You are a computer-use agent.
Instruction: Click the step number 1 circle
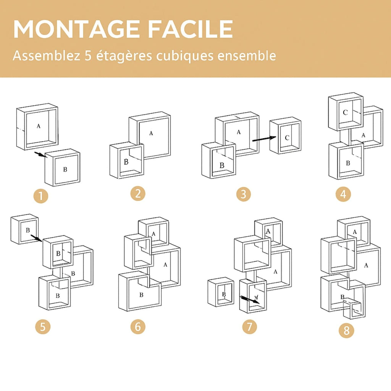(41, 197)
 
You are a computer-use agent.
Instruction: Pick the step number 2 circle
(138, 193)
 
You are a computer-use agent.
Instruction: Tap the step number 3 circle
(243, 194)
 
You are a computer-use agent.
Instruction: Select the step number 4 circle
(343, 195)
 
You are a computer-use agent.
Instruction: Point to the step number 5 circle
(42, 327)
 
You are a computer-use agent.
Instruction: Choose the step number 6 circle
(138, 327)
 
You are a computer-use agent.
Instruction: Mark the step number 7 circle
(249, 327)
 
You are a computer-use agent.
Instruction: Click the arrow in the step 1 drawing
(39, 154)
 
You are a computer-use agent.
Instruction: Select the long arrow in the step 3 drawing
(264, 139)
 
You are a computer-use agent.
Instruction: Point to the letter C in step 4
(345, 112)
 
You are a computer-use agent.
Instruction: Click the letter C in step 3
(287, 137)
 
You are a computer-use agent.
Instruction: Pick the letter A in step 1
(38, 126)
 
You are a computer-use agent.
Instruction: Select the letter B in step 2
(126, 162)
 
